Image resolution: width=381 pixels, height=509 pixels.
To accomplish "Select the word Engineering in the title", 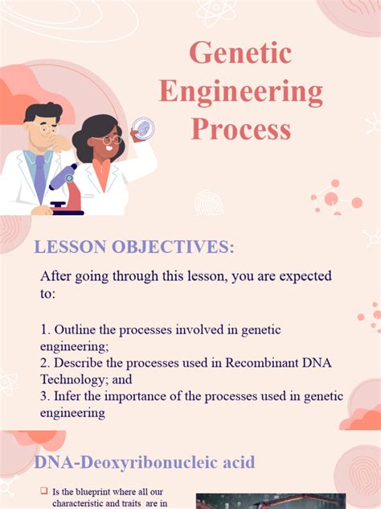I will (x=240, y=91).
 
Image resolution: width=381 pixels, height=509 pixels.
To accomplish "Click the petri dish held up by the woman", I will (x=142, y=127).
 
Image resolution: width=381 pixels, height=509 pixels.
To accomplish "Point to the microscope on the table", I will (x=66, y=189).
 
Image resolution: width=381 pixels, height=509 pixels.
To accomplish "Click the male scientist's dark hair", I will (x=40, y=112).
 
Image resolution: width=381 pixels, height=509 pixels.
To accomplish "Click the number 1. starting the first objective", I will (x=45, y=330).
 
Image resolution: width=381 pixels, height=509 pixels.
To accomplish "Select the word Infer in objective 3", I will (x=68, y=396).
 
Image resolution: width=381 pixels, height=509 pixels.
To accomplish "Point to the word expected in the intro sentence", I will (x=297, y=276).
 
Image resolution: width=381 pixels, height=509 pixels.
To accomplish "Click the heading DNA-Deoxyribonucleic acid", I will (x=144, y=462).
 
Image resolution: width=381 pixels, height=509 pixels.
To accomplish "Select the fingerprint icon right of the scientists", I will (x=209, y=201).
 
